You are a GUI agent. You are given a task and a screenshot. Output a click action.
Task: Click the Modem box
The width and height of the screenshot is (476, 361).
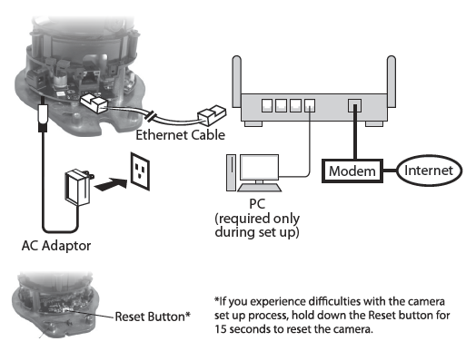pyautogui.click(x=352, y=171)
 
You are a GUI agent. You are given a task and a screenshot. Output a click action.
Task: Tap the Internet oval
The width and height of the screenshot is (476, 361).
pyautogui.click(x=429, y=171)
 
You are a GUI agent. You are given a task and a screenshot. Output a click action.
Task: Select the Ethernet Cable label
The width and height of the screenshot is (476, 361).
pyautogui.click(x=181, y=135)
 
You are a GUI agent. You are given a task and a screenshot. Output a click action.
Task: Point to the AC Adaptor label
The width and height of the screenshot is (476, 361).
pyautogui.click(x=56, y=246)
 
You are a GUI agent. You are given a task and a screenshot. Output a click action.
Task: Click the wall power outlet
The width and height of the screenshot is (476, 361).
pyautogui.click(x=140, y=171)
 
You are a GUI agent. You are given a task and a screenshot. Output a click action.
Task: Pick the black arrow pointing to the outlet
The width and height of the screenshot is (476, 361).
pyautogui.click(x=111, y=184)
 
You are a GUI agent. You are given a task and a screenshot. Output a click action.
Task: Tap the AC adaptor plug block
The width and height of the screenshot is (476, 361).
pyautogui.click(x=78, y=188)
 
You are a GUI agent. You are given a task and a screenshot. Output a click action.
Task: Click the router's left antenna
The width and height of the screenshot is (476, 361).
pyautogui.click(x=237, y=82)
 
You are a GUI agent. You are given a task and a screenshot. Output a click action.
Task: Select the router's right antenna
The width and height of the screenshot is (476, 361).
pyautogui.click(x=392, y=82)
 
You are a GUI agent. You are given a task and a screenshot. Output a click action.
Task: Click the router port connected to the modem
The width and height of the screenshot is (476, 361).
pyautogui.click(x=354, y=105)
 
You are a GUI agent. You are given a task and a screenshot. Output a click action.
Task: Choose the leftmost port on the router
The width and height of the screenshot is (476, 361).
pyautogui.click(x=267, y=105)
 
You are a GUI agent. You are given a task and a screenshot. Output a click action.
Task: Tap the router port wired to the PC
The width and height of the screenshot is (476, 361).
pyautogui.click(x=310, y=105)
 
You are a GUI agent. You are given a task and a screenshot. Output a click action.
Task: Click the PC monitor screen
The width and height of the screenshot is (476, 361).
pyautogui.click(x=259, y=167)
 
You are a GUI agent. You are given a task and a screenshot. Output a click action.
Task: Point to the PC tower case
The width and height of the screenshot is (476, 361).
pyautogui.click(x=231, y=172)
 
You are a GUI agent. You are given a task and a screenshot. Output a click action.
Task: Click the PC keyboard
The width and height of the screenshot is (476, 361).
pyautogui.click(x=259, y=188)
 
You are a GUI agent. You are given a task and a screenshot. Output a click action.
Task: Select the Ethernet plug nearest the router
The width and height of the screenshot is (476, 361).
pyautogui.click(x=212, y=115)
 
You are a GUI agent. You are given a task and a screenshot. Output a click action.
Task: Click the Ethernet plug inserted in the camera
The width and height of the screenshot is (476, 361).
pyautogui.click(x=93, y=103)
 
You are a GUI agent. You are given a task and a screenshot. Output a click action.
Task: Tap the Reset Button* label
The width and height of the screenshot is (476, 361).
pyautogui.click(x=153, y=317)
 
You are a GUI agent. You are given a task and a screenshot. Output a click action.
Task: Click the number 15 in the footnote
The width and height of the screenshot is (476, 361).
pyautogui.click(x=221, y=329)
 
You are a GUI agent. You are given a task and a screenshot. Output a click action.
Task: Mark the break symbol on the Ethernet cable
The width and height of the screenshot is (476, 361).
pyautogui.click(x=151, y=116)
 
